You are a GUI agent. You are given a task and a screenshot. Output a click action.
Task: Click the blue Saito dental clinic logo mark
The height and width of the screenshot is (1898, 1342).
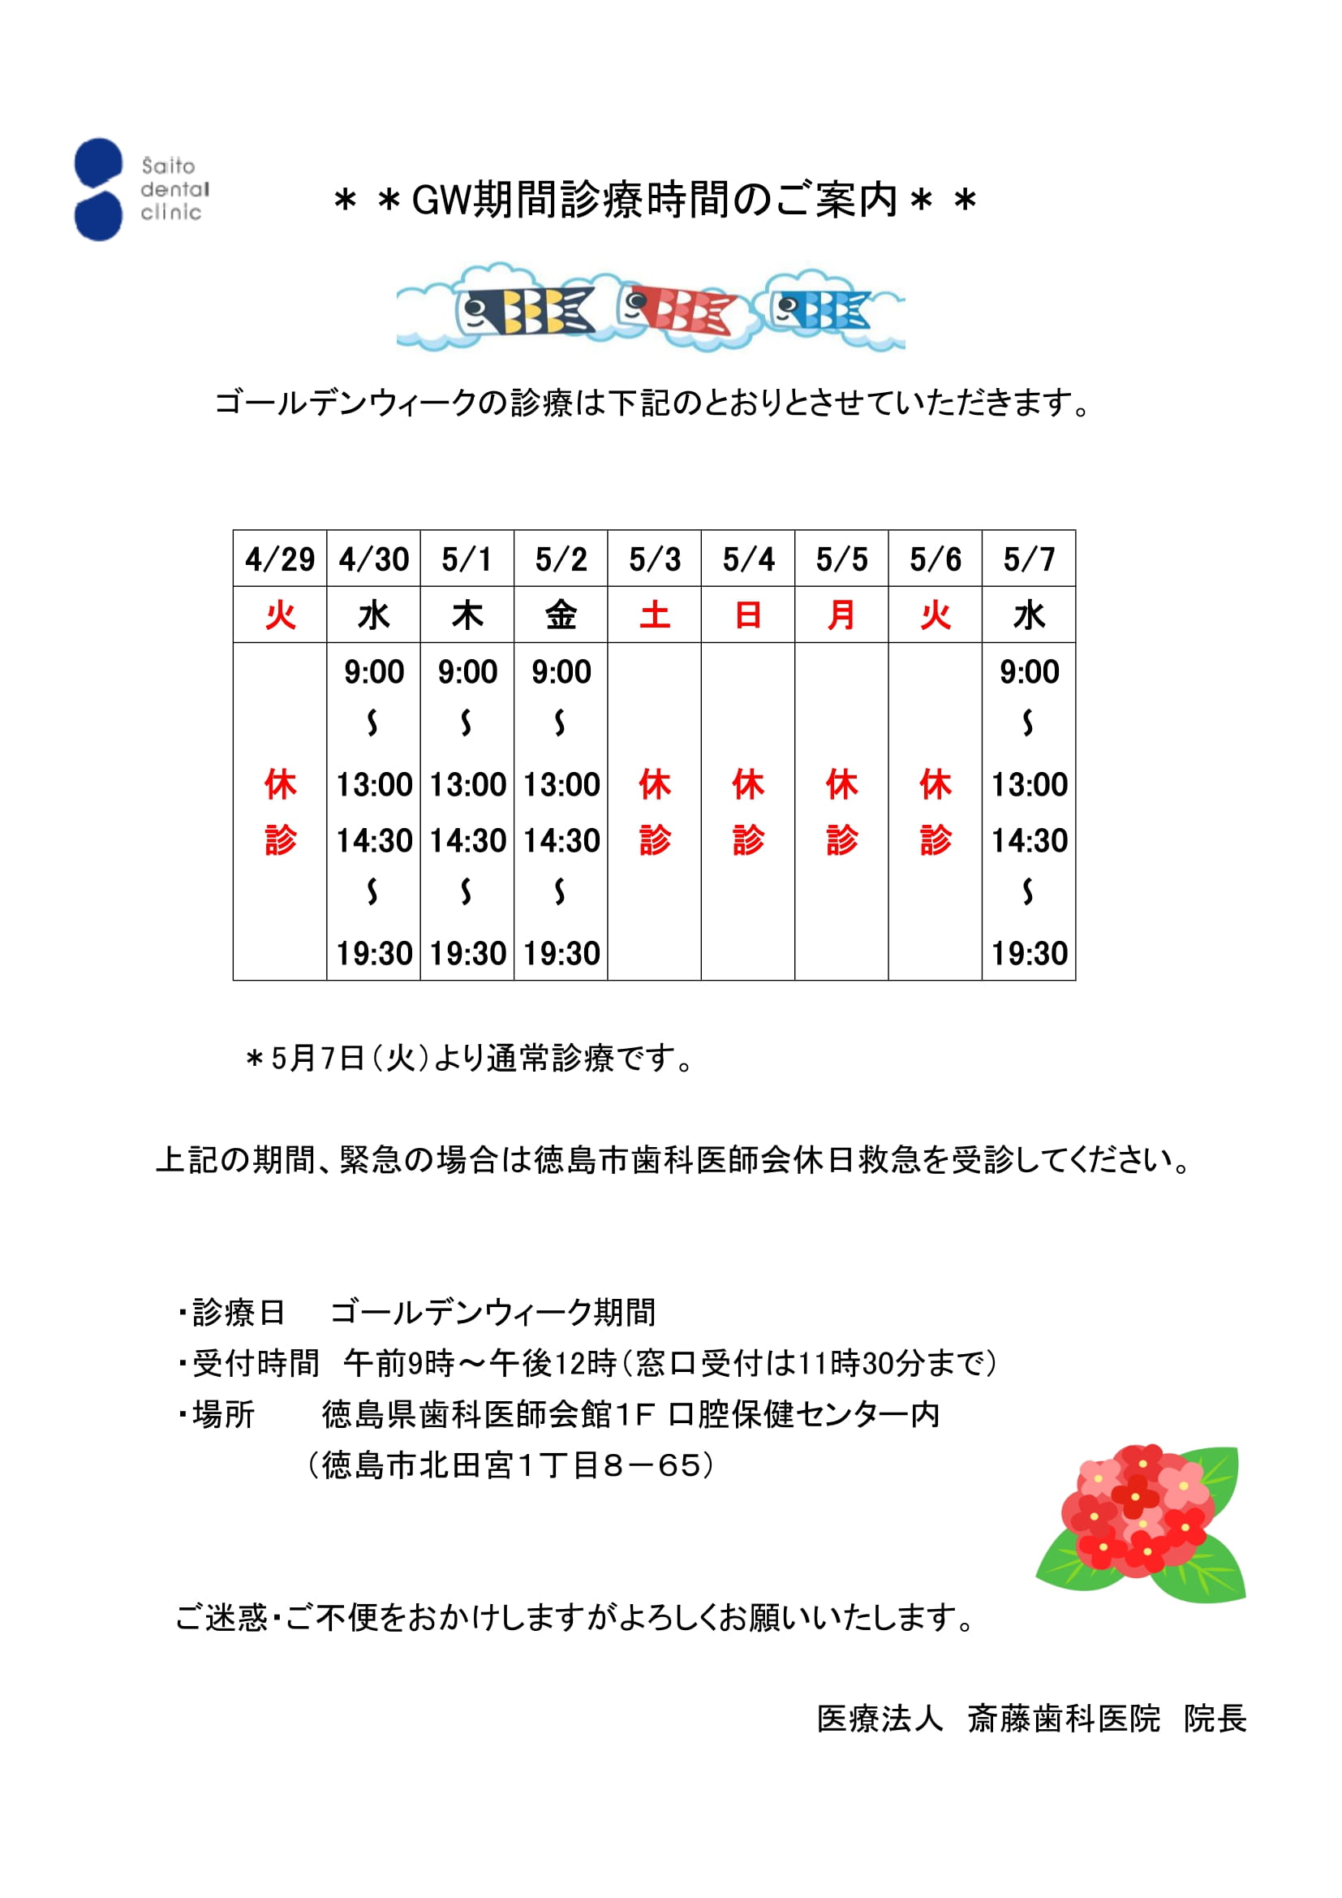click(98, 189)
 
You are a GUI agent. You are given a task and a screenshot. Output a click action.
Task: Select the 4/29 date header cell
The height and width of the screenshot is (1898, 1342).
click(280, 559)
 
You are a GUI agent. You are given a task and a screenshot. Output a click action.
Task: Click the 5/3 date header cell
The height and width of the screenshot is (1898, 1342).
click(655, 559)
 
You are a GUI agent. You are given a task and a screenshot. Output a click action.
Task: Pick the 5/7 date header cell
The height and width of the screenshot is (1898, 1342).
click(1029, 559)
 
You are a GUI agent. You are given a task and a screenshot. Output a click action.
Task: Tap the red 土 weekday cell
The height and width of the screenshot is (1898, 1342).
click(655, 615)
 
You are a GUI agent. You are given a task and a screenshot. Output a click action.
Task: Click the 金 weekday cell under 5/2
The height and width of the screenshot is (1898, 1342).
click(561, 615)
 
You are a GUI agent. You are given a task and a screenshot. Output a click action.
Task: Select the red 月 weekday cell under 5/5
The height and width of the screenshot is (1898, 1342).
click(841, 615)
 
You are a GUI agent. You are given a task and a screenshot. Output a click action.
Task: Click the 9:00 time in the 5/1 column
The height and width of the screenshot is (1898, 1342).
click(467, 671)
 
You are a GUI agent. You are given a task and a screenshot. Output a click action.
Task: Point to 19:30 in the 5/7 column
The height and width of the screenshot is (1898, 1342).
click(1029, 953)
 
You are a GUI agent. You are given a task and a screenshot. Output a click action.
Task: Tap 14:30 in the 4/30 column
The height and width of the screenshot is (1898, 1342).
click(373, 841)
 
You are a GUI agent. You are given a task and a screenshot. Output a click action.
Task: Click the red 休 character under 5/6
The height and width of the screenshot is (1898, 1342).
click(936, 783)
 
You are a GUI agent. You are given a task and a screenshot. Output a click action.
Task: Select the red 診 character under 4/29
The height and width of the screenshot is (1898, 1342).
click(280, 841)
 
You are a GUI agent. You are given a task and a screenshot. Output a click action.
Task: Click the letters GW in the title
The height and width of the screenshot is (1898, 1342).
click(441, 200)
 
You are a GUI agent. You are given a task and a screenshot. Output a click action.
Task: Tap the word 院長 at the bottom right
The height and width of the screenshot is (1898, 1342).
click(1215, 1718)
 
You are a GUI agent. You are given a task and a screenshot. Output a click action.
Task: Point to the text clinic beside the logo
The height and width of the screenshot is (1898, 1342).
click(171, 213)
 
